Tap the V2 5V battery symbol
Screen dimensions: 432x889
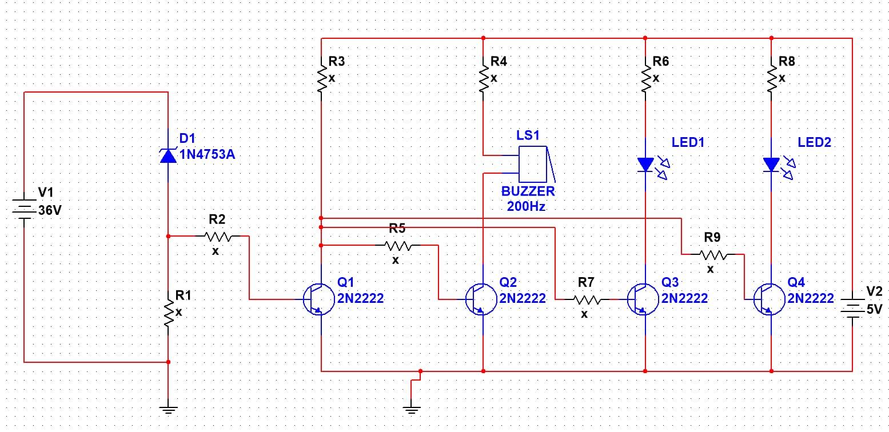[852, 309]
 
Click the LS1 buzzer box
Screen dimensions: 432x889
[532, 163]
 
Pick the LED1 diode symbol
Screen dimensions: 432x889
[645, 165]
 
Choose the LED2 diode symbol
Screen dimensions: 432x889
[771, 165]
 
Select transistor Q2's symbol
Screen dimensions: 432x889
[480, 298]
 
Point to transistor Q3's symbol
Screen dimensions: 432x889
[642, 298]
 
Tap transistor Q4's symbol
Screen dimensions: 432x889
[768, 298]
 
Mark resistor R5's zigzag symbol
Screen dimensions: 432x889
[398, 245]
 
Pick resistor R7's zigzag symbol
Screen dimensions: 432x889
[587, 299]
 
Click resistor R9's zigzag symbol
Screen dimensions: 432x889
[712, 255]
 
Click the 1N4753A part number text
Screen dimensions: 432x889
[207, 154]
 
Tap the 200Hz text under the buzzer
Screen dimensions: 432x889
[526, 206]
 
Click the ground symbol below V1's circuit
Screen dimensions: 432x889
[168, 409]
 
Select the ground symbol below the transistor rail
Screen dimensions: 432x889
[411, 409]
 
